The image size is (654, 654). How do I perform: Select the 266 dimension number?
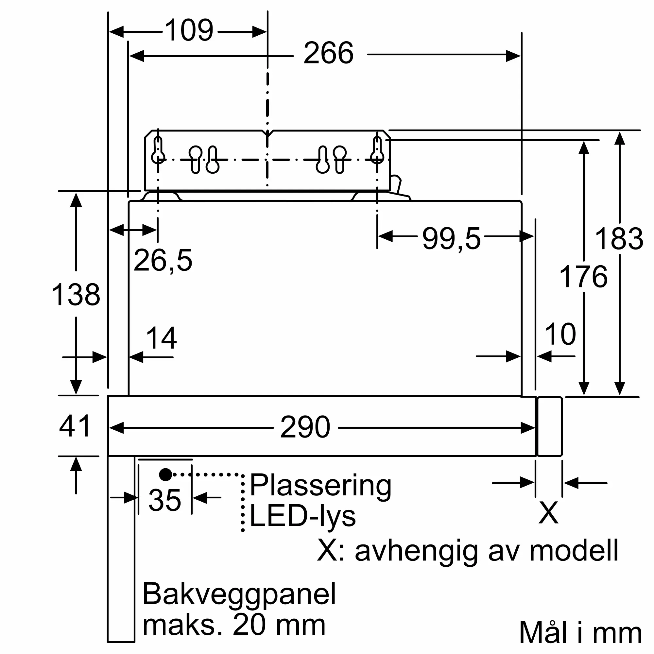328,53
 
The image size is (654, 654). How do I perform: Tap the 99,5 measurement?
451,239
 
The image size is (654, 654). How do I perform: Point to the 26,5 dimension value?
163,260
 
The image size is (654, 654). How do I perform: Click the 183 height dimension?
619,239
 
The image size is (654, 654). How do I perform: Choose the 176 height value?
584,277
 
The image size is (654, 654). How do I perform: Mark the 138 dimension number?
76,295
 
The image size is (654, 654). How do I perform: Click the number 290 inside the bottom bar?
305,427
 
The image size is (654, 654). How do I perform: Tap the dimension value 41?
75,426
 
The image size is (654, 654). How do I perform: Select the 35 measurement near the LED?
165,500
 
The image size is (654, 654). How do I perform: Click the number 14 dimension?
161,338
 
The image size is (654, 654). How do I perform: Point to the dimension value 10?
560,334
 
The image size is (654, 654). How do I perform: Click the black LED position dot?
165,474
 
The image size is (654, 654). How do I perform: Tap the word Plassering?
320,487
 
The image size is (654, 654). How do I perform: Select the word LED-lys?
302,517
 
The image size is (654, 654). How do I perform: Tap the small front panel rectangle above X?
550,426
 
